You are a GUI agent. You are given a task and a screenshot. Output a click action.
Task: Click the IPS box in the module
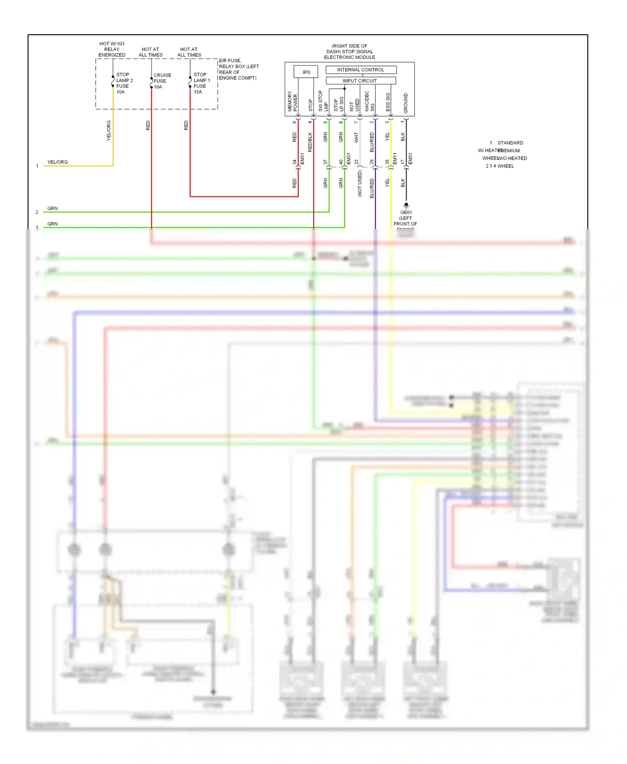point(306,72)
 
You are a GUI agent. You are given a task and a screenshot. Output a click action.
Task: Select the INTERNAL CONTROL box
point(360,70)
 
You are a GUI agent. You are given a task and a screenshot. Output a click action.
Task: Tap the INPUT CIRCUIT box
point(360,81)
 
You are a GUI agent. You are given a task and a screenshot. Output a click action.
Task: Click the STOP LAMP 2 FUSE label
point(124,83)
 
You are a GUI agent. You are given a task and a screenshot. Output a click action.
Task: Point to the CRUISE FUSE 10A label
point(162,81)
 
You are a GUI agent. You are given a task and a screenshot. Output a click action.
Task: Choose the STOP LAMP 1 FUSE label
point(201,83)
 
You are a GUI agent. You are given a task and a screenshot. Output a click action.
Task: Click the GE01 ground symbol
point(406,205)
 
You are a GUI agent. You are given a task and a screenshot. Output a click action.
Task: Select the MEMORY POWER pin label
point(292,102)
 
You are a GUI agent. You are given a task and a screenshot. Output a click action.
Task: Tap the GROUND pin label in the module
point(405,103)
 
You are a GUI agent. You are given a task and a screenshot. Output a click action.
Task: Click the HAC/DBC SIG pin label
point(370,102)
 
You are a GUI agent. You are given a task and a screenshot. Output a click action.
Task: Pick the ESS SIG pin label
point(388,102)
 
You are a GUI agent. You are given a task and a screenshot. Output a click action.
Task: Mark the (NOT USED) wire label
point(359,183)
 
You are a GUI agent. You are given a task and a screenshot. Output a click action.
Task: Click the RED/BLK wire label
point(310,142)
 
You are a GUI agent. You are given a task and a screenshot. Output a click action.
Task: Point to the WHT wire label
point(356,138)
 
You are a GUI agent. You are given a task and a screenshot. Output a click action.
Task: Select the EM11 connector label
point(395,158)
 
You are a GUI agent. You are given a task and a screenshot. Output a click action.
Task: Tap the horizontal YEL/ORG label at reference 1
point(57,162)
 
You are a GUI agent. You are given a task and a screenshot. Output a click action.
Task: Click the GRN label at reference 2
point(52,209)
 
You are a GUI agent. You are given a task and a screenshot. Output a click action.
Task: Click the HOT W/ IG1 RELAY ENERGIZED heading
point(112,49)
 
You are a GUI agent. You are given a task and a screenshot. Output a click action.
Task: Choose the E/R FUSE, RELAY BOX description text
point(238,69)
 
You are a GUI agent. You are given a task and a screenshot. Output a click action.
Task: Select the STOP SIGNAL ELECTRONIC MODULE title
point(349,52)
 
